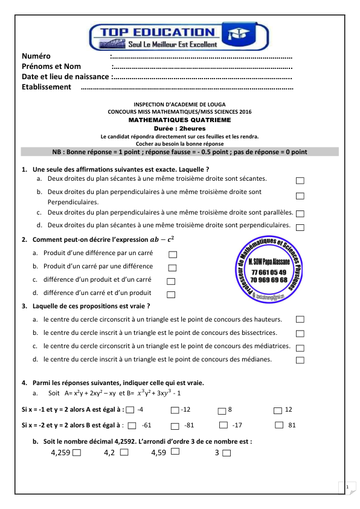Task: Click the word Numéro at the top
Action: (x=37, y=57)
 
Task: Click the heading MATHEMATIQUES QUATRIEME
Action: (x=179, y=120)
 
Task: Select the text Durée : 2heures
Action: (x=179, y=129)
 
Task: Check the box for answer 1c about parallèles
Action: (x=301, y=213)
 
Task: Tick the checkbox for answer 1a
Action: (x=301, y=181)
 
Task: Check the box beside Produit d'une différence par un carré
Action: (x=173, y=254)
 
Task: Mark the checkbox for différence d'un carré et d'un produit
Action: (x=170, y=294)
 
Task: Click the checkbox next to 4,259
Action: (x=77, y=453)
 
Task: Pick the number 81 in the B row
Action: (x=292, y=426)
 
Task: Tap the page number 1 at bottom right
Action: (x=347, y=487)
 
